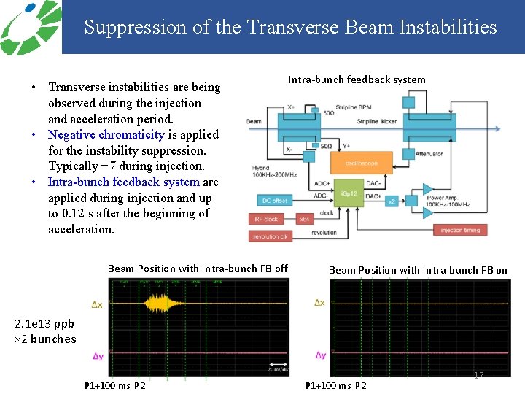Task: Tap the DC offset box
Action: click(x=274, y=200)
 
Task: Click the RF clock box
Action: click(x=266, y=219)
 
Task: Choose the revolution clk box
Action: click(x=270, y=236)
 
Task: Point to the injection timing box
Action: click(x=461, y=231)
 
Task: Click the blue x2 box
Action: click(x=391, y=200)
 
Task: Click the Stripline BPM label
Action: click(x=356, y=108)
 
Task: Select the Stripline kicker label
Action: click(x=378, y=121)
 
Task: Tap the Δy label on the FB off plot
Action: click(x=97, y=356)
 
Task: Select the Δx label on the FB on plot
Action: click(x=320, y=303)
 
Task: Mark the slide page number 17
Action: click(x=479, y=375)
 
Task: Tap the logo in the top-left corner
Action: click(x=29, y=27)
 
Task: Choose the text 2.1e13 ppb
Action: click(x=44, y=325)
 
